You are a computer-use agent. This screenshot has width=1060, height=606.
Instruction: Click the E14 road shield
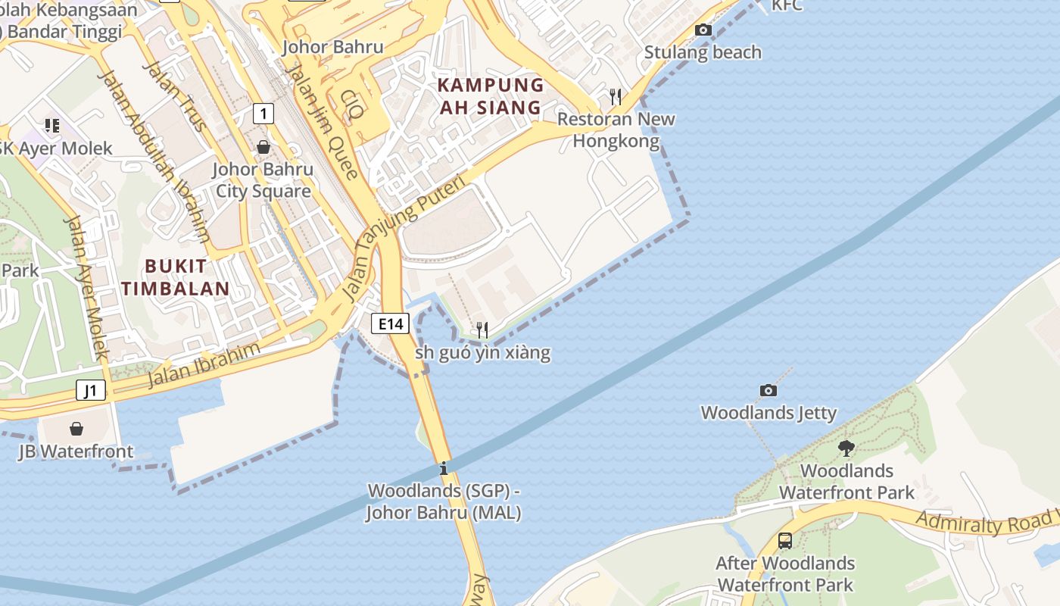coord(391,323)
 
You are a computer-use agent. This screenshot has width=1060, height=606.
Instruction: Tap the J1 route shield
coord(91,391)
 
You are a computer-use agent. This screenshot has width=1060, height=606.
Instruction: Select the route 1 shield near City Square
coord(262,114)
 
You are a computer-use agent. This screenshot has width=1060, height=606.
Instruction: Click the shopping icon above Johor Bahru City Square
coord(263,147)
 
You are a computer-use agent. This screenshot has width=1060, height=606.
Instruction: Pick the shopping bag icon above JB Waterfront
coord(76,429)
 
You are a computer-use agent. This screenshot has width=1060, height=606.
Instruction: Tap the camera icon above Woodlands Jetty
coord(768,391)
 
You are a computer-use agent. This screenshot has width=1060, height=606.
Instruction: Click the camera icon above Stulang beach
coord(703,30)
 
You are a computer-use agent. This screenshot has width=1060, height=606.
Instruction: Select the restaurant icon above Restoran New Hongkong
coord(616,97)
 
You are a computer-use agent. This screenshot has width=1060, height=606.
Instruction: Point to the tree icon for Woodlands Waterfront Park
coord(846,448)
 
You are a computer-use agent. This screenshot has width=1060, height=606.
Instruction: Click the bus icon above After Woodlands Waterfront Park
coord(785,541)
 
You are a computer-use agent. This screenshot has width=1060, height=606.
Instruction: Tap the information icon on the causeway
coord(444,469)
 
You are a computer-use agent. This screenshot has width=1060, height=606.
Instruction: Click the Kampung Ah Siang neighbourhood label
coord(491,96)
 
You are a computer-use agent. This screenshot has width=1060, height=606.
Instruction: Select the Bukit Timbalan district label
coord(176,277)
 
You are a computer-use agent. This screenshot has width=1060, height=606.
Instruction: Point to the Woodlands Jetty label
coord(768,413)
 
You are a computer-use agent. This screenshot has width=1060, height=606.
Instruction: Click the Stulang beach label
coord(703,52)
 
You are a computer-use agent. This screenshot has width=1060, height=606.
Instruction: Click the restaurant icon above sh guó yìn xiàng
coord(482,330)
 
